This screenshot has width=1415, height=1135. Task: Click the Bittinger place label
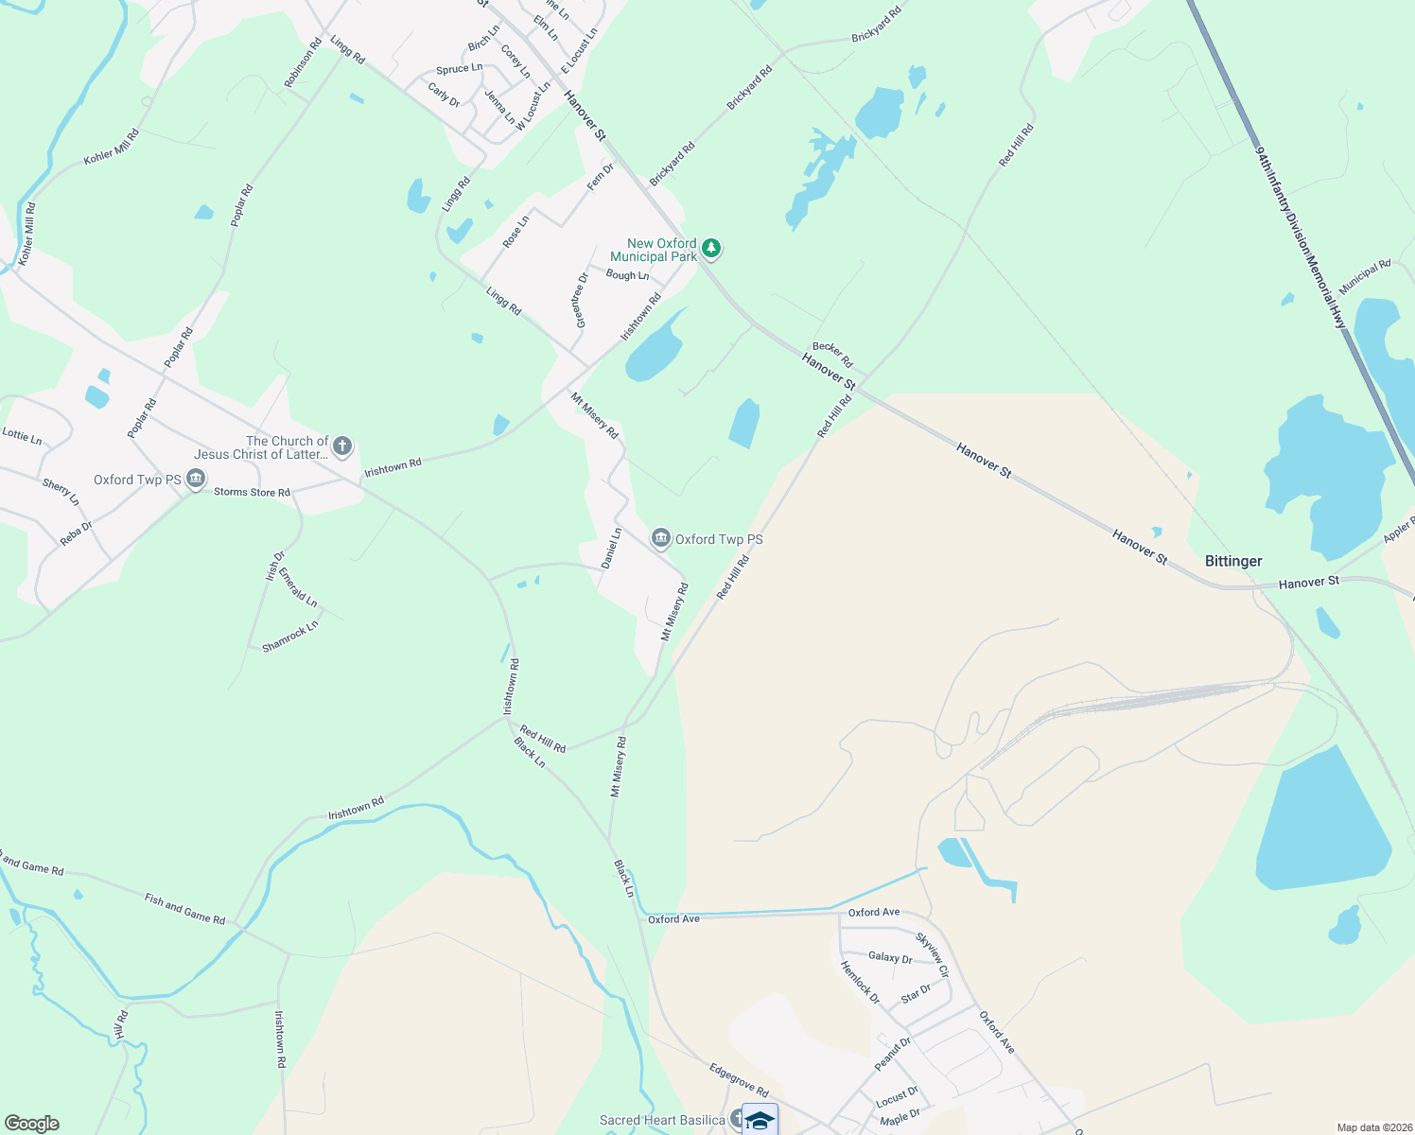click(1232, 561)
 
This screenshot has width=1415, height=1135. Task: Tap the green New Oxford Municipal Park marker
click(711, 249)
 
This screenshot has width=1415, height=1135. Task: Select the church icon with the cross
click(342, 446)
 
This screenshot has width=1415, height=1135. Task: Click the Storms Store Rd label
click(252, 492)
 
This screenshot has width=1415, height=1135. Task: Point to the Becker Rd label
click(832, 355)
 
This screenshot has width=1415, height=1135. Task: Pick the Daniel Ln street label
click(611, 549)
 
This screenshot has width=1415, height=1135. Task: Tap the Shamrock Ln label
click(290, 637)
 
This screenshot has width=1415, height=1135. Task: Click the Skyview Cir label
click(932, 954)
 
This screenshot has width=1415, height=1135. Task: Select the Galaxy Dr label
click(890, 957)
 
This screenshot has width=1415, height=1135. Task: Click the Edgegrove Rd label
click(739, 1079)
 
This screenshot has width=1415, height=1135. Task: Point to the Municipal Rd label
click(1365, 275)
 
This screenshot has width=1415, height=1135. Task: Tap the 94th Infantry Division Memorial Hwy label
click(1301, 236)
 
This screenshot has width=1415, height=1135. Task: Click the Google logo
click(32, 1124)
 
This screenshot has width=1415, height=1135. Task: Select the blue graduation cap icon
click(760, 1120)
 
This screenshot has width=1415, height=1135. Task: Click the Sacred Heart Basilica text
click(662, 1120)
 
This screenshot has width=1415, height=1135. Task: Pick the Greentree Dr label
click(581, 300)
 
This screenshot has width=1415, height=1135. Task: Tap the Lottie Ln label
click(22, 436)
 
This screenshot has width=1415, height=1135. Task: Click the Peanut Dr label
click(892, 1054)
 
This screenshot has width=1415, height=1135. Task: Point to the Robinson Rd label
click(304, 63)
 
